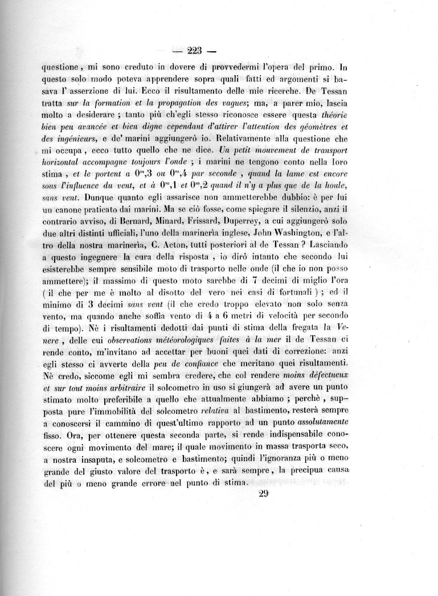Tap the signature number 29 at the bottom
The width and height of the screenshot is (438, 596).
pyautogui.click(x=263, y=494)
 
